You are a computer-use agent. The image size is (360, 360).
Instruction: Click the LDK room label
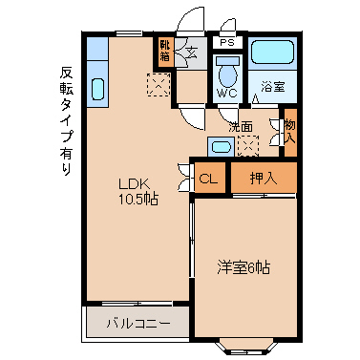134,183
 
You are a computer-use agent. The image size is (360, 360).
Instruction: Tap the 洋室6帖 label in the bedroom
244,267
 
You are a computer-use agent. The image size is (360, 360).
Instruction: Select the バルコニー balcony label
138,324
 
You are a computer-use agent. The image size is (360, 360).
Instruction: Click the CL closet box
210,178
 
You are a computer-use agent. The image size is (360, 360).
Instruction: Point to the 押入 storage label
264,178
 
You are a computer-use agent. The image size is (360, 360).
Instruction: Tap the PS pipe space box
227,42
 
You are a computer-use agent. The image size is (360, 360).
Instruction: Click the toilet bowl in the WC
228,73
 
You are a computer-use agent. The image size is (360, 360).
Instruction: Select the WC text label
227,93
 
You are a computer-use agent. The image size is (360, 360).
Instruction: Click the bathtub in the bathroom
272,52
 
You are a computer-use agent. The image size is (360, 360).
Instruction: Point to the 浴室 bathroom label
273,87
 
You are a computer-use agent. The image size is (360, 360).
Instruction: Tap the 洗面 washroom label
241,127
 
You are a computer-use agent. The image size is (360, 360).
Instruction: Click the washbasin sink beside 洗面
222,147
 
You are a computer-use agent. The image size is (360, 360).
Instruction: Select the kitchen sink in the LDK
97,89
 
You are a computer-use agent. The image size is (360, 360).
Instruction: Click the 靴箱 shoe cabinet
165,52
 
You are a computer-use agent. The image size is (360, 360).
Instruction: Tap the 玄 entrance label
192,52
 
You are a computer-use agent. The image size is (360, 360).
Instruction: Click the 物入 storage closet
290,132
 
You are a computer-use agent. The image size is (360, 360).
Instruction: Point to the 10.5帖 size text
138,200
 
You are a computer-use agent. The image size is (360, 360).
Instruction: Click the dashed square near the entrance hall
159,84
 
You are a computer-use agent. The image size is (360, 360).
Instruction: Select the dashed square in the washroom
248,146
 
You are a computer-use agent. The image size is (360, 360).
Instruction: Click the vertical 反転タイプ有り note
66,120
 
